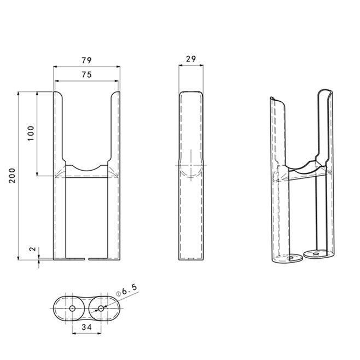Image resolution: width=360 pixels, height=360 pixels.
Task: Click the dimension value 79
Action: click(x=86, y=60)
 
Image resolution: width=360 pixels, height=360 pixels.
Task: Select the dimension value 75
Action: click(x=86, y=74)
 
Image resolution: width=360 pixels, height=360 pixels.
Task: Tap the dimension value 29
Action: click(x=191, y=58)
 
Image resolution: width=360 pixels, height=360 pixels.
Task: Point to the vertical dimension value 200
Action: click(x=12, y=175)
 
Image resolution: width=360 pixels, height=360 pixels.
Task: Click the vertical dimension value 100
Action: click(x=31, y=133)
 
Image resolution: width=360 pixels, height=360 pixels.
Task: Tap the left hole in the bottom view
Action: click(x=72, y=309)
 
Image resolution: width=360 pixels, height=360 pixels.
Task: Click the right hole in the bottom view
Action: click(x=101, y=309)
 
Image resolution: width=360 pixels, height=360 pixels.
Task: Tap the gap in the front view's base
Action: click(x=86, y=258)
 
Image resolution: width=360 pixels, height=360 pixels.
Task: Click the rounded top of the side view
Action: click(x=191, y=93)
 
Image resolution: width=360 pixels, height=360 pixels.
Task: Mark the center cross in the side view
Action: click(x=189, y=164)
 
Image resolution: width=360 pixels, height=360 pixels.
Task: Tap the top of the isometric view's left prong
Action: click(x=272, y=99)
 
